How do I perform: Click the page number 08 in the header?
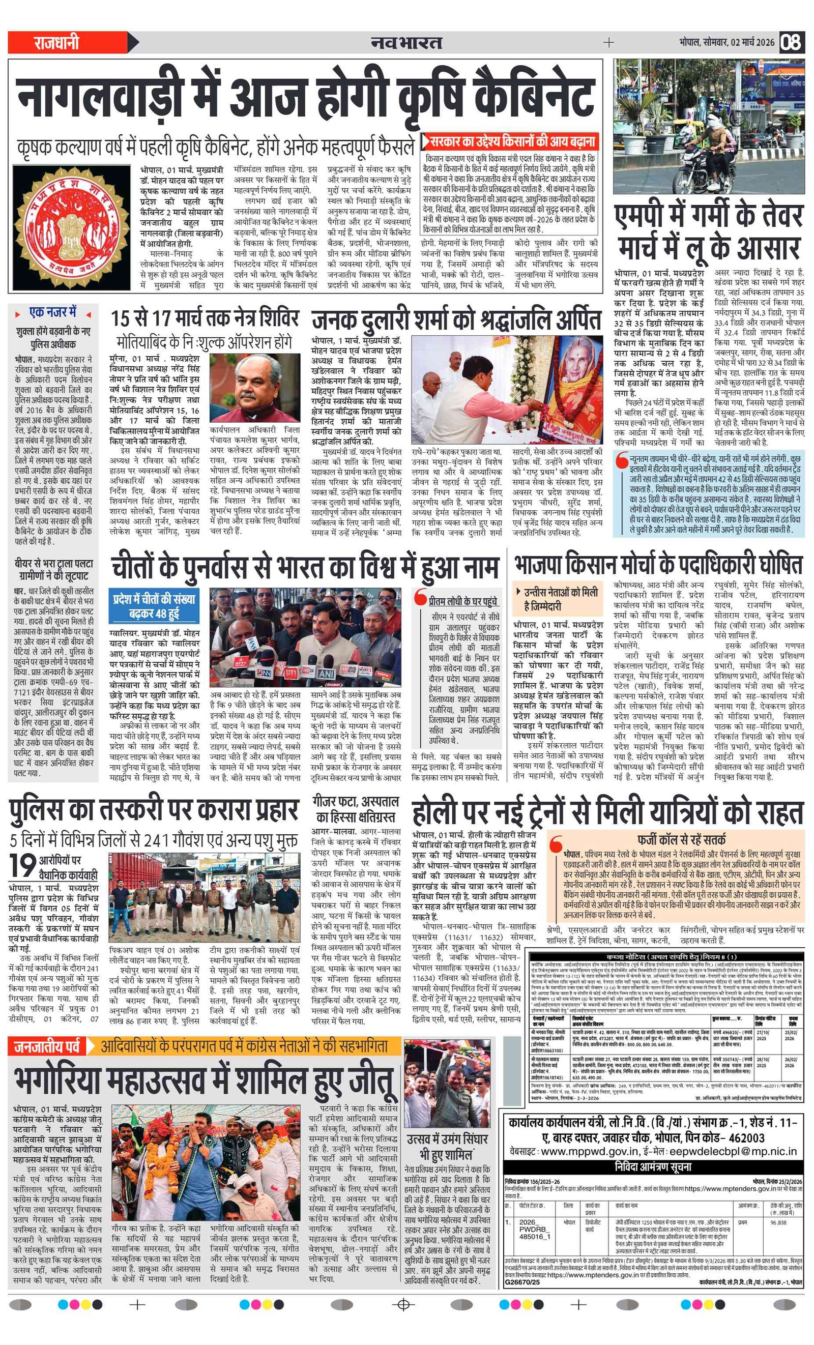[x=791, y=42]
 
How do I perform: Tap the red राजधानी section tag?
[x=57, y=42]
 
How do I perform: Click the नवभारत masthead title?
[x=406, y=42]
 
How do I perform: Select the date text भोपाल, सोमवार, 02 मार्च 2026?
[x=726, y=42]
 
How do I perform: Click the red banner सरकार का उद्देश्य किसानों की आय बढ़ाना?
[x=510, y=141]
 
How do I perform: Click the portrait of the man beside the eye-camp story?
[x=255, y=387]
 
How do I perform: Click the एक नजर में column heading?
[x=53, y=313]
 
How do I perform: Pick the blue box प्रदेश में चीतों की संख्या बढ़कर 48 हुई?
[x=154, y=605]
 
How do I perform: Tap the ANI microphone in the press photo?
[x=327, y=674]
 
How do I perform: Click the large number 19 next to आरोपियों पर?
[x=23, y=865]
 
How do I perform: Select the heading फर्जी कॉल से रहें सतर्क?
[x=681, y=839]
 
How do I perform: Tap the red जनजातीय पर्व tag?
[x=46, y=1045]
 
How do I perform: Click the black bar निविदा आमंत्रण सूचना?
[x=654, y=1166]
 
